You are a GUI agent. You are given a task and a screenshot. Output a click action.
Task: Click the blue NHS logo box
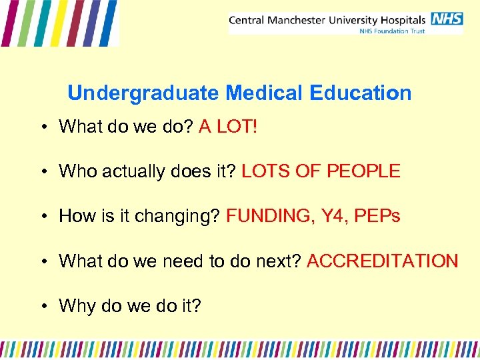pyautogui.click(x=447, y=18)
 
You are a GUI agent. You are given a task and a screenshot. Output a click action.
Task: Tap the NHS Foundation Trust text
pyautogui.click(x=392, y=31)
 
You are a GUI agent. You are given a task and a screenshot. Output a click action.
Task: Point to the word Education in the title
pyautogui.click(x=360, y=93)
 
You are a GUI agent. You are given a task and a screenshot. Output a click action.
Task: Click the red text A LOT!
pyautogui.click(x=227, y=127)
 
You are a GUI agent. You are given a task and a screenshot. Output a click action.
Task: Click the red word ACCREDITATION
pyautogui.click(x=382, y=261)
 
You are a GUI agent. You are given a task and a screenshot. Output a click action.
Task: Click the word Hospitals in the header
pyautogui.click(x=403, y=19)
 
